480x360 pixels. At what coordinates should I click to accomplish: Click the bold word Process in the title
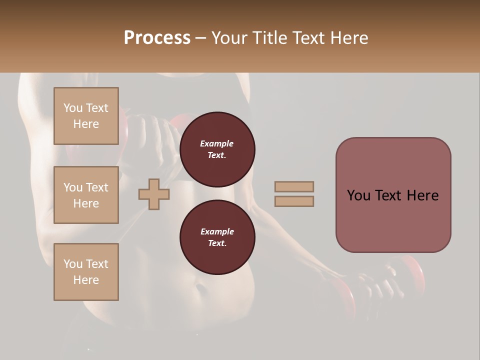[x=157, y=38]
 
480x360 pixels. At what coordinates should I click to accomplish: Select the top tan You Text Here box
[x=86, y=116]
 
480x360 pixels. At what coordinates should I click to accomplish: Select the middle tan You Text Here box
[x=86, y=195]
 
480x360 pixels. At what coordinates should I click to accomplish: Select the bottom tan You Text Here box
[x=86, y=271]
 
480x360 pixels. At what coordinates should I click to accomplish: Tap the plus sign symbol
[x=154, y=194]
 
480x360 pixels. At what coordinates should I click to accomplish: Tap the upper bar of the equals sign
[x=294, y=186]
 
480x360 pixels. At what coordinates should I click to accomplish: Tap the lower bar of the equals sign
[x=294, y=201]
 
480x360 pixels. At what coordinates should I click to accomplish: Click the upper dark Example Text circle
[x=217, y=149]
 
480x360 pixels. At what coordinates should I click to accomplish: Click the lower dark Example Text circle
[x=217, y=237]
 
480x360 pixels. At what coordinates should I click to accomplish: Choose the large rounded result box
[x=393, y=195]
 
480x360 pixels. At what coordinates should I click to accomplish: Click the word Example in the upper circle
[x=217, y=143]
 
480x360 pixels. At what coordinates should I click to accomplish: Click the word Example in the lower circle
[x=217, y=231]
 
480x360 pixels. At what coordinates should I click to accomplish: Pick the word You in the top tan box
[x=72, y=108]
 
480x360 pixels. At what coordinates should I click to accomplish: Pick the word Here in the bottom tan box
[x=86, y=280]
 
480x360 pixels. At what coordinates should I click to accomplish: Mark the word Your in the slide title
[x=229, y=38]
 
